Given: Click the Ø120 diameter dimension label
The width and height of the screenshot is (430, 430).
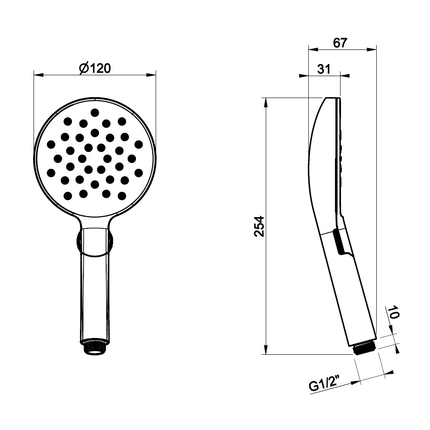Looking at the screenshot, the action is coord(95,68).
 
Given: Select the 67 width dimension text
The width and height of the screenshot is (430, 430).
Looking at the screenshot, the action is coord(340,43).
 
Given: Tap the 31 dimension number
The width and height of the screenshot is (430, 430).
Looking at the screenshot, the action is coord(324,69).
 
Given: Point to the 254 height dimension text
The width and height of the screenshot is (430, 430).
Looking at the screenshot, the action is coord(259,226).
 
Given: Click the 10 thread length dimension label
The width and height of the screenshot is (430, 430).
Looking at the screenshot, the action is coord(393,312).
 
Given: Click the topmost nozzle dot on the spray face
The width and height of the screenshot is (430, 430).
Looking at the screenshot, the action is coord(95,112).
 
